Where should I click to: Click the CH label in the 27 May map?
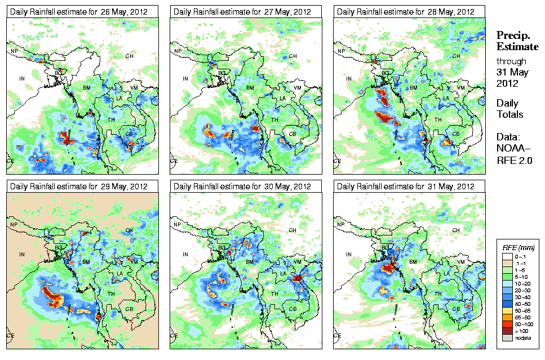click(x=293, y=56)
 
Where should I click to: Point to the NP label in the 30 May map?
click(x=178, y=224)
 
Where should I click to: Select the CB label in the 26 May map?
click(x=129, y=134)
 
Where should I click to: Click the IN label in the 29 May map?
click(x=22, y=254)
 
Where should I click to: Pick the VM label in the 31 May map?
click(x=460, y=263)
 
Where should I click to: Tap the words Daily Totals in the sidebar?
click(x=509, y=109)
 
